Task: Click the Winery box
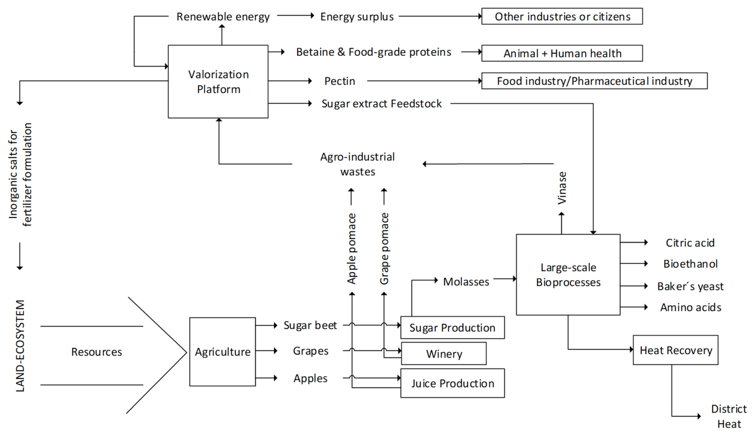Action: pos(444,354)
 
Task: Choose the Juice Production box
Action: pos(452,383)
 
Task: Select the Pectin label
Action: pos(340,81)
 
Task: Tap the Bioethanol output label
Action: pos(690,264)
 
